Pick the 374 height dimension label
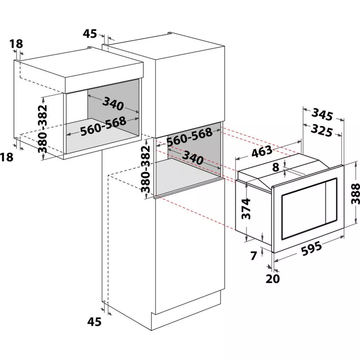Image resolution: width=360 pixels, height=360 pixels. coord(246,209)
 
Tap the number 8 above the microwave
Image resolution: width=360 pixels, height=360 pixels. coord(276,167)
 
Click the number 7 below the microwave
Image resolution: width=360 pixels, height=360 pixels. coord(253,256)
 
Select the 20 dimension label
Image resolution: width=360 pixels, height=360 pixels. coord(273,278)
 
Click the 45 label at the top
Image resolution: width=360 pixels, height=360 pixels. coord(90,34)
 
